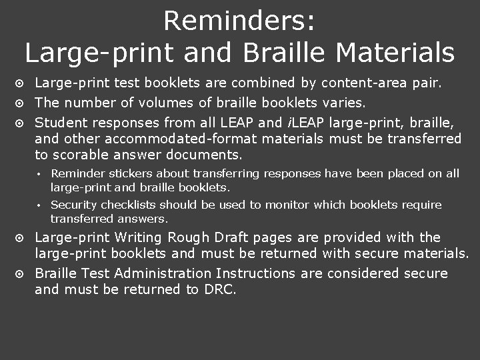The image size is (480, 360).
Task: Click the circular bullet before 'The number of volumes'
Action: click(x=20, y=103)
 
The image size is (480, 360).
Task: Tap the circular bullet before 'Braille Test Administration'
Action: click(x=20, y=274)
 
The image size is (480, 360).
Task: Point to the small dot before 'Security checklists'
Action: click(x=40, y=205)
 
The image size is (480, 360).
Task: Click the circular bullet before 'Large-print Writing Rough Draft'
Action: click(x=20, y=238)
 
